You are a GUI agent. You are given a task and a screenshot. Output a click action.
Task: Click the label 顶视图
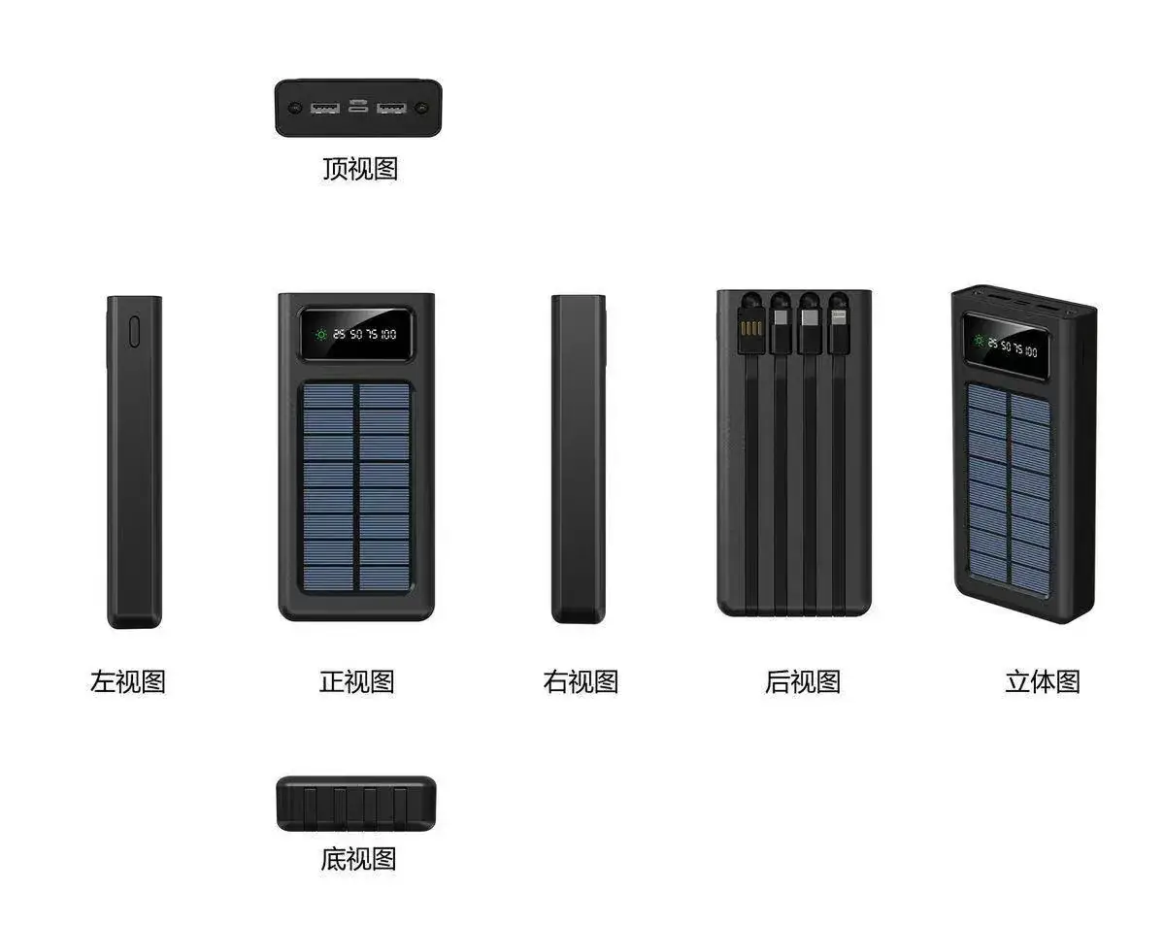click(360, 169)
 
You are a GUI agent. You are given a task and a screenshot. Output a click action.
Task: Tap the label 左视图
click(128, 681)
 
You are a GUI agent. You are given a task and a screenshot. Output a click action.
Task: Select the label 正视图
click(356, 681)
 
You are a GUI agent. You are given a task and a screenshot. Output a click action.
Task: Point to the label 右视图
click(581, 681)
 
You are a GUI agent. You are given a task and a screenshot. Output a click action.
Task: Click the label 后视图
click(803, 681)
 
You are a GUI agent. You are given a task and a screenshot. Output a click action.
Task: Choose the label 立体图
click(1043, 681)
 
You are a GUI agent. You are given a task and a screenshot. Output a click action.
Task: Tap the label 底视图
click(358, 859)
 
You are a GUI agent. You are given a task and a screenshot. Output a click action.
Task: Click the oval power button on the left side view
click(134, 332)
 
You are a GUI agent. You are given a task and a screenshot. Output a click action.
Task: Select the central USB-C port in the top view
click(358, 106)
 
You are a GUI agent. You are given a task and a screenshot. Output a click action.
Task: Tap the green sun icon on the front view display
click(321, 335)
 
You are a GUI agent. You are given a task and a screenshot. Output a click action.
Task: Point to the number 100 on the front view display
click(388, 335)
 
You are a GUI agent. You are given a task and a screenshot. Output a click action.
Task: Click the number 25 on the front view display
click(339, 335)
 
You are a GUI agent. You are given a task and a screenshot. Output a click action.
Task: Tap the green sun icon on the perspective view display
click(980, 341)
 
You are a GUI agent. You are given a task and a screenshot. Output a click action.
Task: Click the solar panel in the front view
click(356, 487)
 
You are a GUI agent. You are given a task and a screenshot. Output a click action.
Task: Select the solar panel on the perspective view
click(1009, 481)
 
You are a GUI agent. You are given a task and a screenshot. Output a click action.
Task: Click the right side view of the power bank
click(579, 459)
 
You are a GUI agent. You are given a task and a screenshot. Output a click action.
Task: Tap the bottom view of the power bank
click(356, 804)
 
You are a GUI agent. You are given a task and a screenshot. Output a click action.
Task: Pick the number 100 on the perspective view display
click(1031, 351)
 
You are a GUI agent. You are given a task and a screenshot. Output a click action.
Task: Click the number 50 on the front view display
click(356, 335)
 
